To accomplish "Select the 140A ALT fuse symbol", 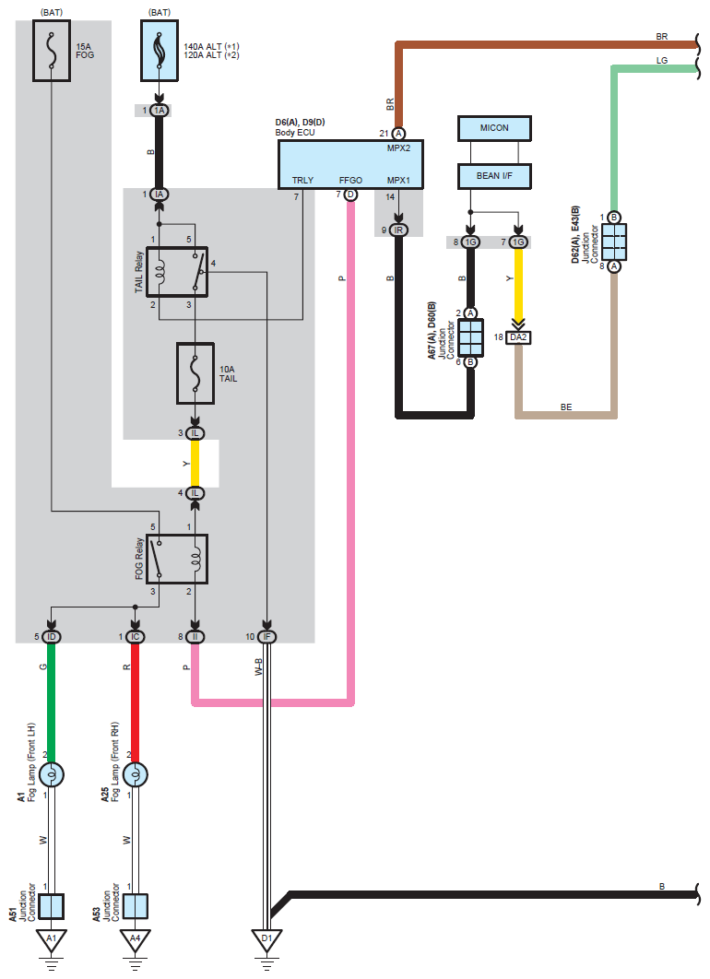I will (x=159, y=53).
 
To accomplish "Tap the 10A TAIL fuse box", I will (x=195, y=373).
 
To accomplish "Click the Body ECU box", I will (x=349, y=164).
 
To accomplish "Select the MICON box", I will (x=494, y=128).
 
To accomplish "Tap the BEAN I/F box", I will (x=494, y=176).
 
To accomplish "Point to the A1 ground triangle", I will (x=53, y=940).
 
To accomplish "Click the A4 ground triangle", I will (x=136, y=940).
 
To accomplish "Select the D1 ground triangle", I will (x=267, y=940).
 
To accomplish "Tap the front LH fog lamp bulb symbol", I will (x=53, y=774).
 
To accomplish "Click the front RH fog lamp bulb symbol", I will (x=136, y=774).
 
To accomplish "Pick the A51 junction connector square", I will (x=53, y=906).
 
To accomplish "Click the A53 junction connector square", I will (x=136, y=906).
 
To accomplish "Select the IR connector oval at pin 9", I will (x=398, y=230).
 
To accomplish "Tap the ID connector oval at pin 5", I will (x=53, y=637).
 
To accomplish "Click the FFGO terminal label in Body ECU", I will (x=350, y=181).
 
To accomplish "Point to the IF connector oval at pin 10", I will (x=267, y=637).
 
